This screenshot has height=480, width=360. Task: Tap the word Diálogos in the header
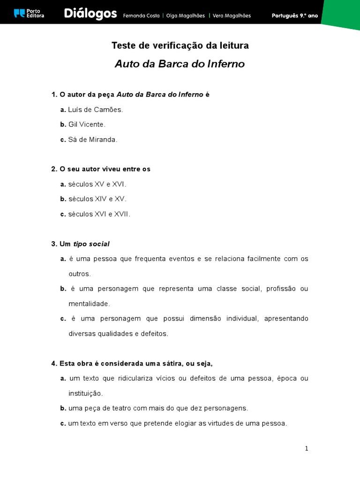(90, 15)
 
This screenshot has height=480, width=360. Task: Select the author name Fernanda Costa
(141, 15)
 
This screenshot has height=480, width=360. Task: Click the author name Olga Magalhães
(185, 15)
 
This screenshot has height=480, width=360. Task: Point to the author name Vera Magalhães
(232, 15)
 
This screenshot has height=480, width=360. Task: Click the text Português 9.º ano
(295, 15)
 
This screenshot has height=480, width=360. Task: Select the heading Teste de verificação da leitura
(180, 45)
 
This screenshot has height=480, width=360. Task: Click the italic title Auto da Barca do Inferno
(180, 64)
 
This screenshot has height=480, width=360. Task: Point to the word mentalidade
(89, 304)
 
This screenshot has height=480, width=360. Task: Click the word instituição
(85, 393)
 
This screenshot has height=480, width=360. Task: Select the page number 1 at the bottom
(307, 449)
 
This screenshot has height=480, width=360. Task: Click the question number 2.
(54, 169)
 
